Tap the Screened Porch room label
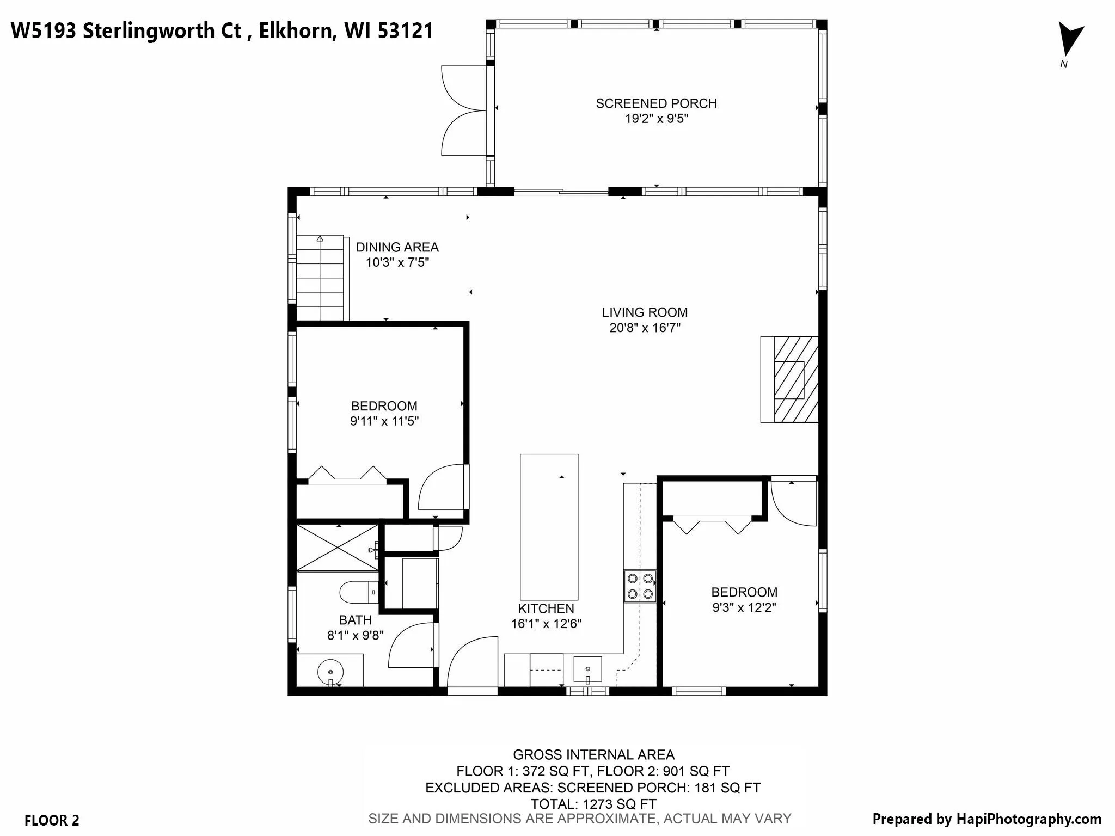click(x=656, y=103)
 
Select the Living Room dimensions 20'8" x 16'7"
click(x=645, y=328)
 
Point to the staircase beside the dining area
click(x=320, y=278)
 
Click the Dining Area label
click(x=397, y=247)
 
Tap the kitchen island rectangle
click(x=549, y=527)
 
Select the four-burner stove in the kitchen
click(x=640, y=586)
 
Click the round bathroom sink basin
click(x=330, y=673)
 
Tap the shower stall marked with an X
click(x=337, y=548)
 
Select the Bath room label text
click(x=356, y=620)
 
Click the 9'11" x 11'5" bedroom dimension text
click(x=384, y=421)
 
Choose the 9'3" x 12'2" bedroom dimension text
click(x=744, y=607)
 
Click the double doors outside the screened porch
click(x=464, y=110)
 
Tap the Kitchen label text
click(x=546, y=608)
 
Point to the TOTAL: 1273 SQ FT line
click(x=593, y=804)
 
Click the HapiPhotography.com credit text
click(x=1026, y=819)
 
